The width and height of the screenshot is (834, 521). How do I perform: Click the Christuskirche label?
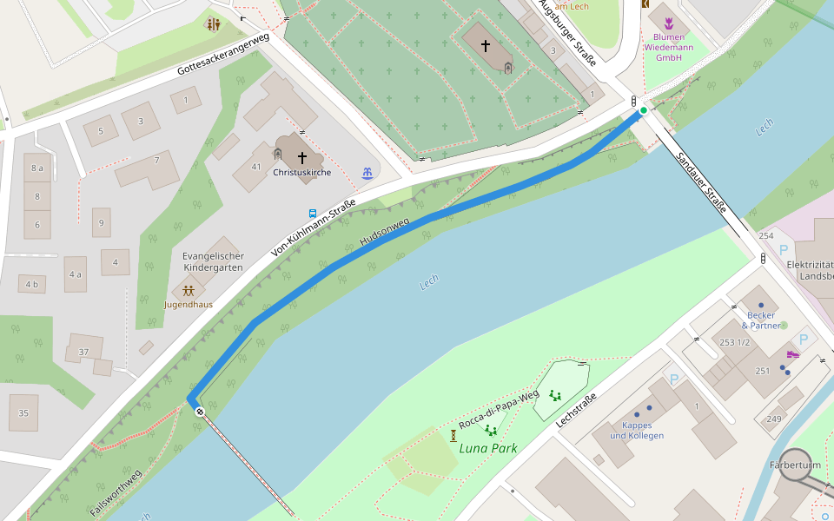301,173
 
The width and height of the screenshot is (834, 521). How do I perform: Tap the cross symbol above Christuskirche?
302,158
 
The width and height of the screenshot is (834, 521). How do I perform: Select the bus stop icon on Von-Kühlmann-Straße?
313,213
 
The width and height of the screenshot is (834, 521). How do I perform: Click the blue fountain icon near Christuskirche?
367,174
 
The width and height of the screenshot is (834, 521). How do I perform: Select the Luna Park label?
488,448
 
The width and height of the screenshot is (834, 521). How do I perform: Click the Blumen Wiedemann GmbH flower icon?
669,23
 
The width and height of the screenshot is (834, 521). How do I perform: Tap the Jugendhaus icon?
189,291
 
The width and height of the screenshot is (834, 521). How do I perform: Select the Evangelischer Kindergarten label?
213,262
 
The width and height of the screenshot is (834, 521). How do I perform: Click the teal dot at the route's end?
644,110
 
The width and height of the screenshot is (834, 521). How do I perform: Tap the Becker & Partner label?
760,320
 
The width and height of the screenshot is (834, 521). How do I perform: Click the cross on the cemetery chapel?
486,44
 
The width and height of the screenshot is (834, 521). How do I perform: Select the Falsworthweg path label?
115,493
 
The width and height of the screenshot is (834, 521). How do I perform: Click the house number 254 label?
765,236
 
